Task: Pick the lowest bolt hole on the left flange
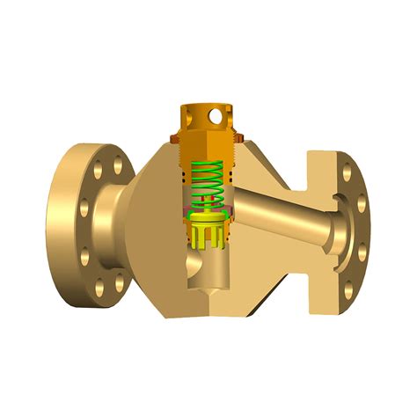coord(99,286)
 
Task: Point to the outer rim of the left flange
coord(55,224)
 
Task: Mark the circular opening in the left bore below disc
coord(196,260)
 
